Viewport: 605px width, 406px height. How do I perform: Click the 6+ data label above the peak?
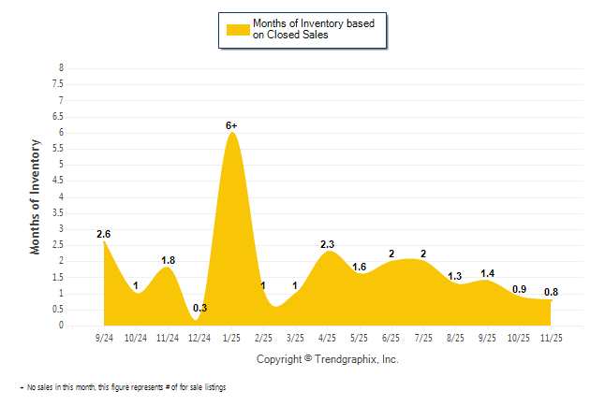[232, 124]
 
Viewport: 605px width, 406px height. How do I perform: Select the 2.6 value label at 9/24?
[104, 234]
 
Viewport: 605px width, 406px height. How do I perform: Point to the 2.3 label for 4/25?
[327, 245]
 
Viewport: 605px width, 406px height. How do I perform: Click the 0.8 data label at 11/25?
[551, 292]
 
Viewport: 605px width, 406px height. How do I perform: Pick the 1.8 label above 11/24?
[168, 261]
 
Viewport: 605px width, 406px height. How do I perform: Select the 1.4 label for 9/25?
[487, 273]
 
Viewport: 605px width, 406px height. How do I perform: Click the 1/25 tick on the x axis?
[231, 337]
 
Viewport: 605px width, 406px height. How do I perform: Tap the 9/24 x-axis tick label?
[104, 337]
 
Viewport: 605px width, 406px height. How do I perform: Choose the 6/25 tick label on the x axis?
[391, 337]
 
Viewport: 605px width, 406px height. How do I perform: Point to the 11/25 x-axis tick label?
[551, 337]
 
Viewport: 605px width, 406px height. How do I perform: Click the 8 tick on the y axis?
[61, 68]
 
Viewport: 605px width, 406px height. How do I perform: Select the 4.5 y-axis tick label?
[59, 181]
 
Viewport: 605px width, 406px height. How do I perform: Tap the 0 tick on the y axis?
[61, 326]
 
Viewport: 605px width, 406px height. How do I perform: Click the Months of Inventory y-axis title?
[37, 196]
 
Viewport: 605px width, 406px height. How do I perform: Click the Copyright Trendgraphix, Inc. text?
[327, 359]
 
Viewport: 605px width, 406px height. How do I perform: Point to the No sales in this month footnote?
[123, 387]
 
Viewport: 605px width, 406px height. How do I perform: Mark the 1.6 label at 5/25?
[359, 268]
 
